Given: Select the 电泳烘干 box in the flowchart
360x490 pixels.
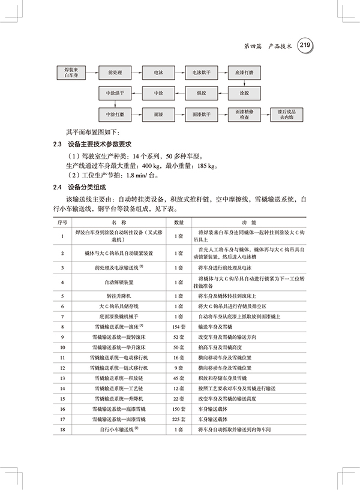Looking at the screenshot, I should [200, 73].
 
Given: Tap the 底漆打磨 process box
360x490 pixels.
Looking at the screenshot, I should [244, 73].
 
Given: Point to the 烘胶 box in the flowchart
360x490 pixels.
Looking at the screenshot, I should [200, 94].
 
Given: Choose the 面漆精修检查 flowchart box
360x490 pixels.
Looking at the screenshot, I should [244, 115].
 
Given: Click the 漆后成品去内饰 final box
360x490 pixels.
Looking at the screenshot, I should [286, 115].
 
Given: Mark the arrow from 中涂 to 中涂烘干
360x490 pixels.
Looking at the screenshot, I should [136, 94].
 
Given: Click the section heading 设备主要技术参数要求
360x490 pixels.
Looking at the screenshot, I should [100, 145].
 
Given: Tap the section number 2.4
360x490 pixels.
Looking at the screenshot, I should [58, 187].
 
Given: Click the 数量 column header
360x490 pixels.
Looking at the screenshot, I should [178, 222].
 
